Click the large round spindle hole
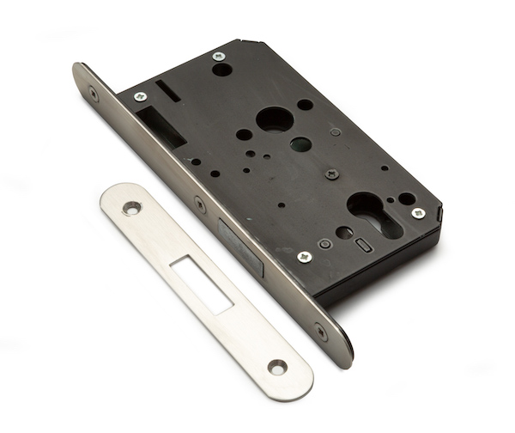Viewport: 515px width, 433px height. (276, 119)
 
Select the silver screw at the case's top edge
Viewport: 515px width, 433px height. (219, 56)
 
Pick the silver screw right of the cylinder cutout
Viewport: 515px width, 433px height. (418, 212)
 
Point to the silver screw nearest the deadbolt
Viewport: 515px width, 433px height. (304, 256)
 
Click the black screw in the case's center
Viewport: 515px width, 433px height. (331, 174)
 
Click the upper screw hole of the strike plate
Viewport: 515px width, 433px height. (132, 207)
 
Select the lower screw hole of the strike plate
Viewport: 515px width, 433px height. (276, 366)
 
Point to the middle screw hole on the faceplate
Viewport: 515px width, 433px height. (200, 204)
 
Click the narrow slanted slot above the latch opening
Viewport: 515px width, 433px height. (168, 90)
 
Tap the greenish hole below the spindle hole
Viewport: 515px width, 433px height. (301, 143)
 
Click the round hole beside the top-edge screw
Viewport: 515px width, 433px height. (222, 70)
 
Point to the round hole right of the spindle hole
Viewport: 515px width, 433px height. (305, 105)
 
